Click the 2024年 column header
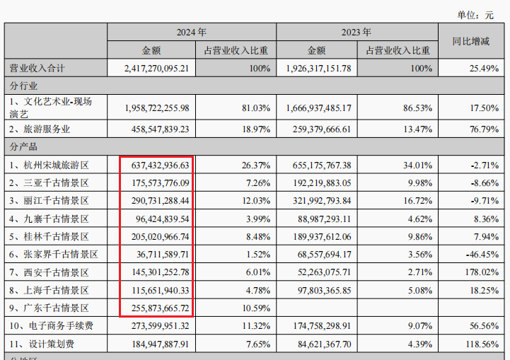tap(191, 32)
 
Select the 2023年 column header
tap(357, 32)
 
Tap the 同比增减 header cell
tap(472, 41)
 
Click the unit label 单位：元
tap(475, 14)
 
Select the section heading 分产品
tap(23, 146)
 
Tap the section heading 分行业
tap(23, 86)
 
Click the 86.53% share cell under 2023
tap(417, 108)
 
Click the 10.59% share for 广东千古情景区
tap(255, 308)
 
